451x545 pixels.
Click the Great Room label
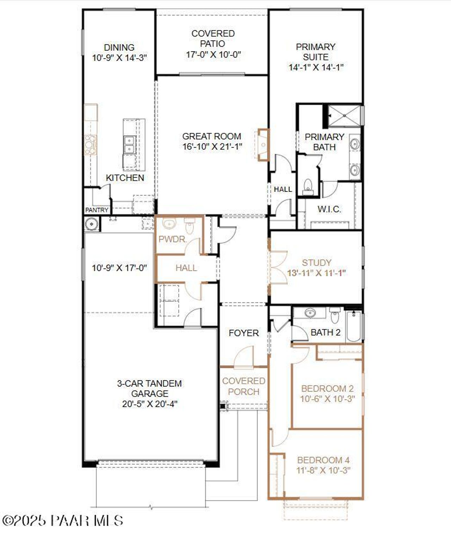click(212, 136)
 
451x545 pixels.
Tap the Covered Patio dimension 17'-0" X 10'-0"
click(213, 55)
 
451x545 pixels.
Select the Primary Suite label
click(315, 52)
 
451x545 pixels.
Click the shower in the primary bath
click(343, 115)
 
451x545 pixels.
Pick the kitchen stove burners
click(90, 145)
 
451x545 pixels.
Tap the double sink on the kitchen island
click(129, 145)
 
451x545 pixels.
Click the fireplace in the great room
click(263, 145)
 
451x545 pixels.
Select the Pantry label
click(97, 210)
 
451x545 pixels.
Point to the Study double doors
click(278, 267)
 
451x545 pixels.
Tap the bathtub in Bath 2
click(353, 326)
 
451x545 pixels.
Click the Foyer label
click(243, 333)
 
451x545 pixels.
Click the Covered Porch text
click(243, 386)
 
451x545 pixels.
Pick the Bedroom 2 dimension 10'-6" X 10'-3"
click(327, 399)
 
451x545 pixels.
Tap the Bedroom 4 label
click(323, 460)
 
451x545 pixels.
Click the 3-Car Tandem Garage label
click(149, 388)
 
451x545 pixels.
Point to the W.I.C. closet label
click(329, 209)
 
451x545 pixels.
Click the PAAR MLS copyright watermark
click(63, 520)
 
